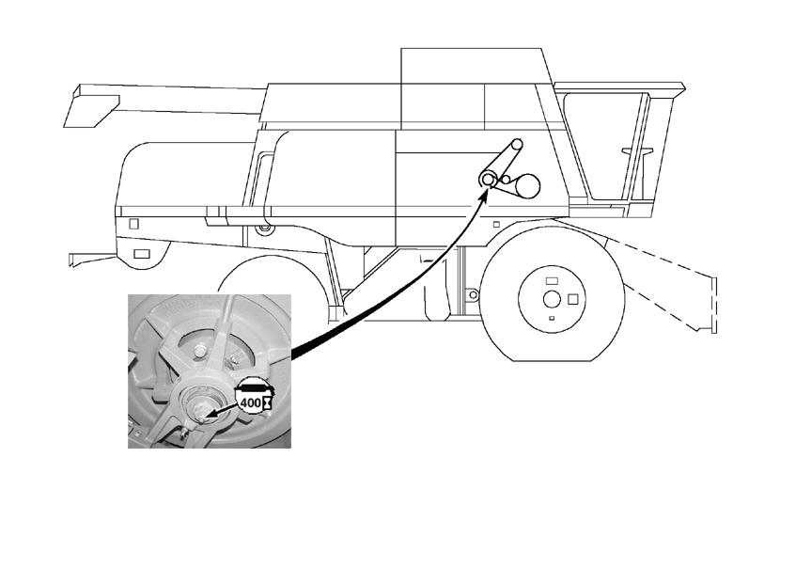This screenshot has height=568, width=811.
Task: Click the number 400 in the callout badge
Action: click(251, 402)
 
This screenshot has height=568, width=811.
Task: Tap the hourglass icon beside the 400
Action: click(267, 402)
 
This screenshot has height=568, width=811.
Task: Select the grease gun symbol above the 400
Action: click(255, 386)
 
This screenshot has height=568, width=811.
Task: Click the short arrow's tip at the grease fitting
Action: click(203, 416)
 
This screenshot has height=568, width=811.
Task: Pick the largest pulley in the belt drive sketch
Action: click(526, 186)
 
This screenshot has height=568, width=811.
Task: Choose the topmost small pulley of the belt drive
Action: click(517, 145)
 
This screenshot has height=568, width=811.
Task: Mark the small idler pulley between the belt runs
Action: click(506, 180)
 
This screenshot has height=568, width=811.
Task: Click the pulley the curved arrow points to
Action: click(487, 179)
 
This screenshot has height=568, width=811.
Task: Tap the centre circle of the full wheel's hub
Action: click(552, 299)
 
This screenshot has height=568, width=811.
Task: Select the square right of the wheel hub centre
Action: click(572, 299)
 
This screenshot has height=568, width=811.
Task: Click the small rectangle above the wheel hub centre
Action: click(552, 280)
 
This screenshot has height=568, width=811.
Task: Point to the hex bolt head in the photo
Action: click(199, 352)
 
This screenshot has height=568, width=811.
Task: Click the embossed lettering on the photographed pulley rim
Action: click(187, 306)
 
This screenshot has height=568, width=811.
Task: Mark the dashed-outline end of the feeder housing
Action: click(712, 305)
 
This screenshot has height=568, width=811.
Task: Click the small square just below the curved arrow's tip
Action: click(496, 224)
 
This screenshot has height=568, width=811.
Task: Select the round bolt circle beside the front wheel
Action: click(472, 295)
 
